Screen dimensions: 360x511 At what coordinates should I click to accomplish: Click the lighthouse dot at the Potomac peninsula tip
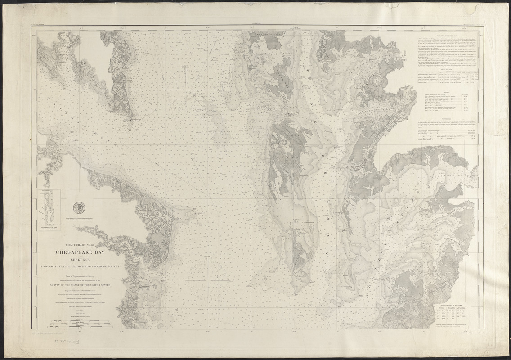point(131,120)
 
